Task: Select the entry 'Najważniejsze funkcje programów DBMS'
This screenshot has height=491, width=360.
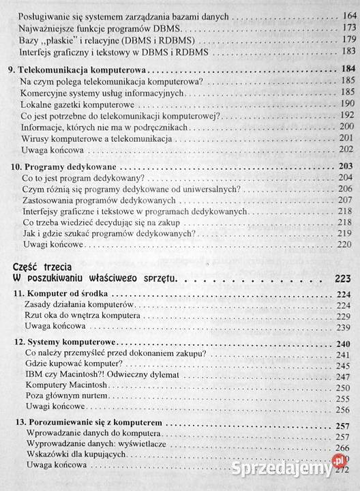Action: pyautogui.click(x=98, y=27)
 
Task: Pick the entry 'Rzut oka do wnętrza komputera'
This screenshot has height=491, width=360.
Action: pyautogui.click(x=82, y=318)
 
